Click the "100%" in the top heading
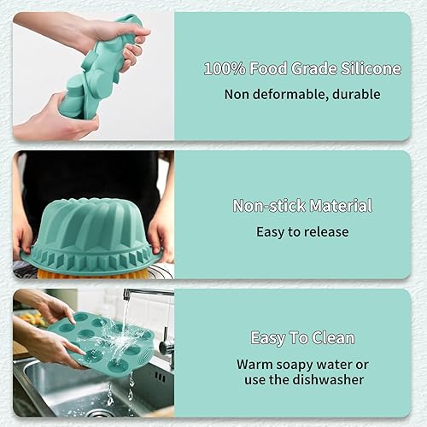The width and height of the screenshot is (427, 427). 225,67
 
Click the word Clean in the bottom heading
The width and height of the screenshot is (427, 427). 332,337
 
